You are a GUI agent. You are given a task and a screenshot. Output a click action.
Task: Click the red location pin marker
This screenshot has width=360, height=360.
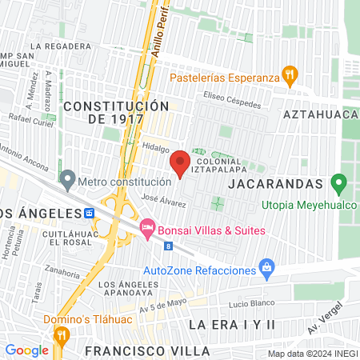pyautogui.click(x=181, y=163)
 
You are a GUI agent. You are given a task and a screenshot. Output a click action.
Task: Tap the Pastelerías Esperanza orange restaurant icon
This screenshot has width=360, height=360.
pyautogui.click(x=290, y=78)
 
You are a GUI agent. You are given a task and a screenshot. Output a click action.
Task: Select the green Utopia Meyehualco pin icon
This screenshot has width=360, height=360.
pyautogui.click(x=340, y=186)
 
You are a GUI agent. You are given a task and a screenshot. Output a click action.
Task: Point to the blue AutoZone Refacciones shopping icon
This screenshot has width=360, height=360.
pyautogui.click(x=268, y=270)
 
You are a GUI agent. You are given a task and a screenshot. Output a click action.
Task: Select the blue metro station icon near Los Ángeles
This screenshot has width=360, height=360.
pyautogui.click(x=90, y=214)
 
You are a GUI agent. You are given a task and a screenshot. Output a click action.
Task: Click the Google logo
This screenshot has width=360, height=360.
pyautogui.click(x=26, y=350)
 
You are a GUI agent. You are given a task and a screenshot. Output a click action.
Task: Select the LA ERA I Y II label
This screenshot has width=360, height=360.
pyautogui.click(x=232, y=323)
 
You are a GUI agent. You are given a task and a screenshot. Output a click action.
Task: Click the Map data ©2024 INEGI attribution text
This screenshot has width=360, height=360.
pyautogui.click(x=313, y=353)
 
